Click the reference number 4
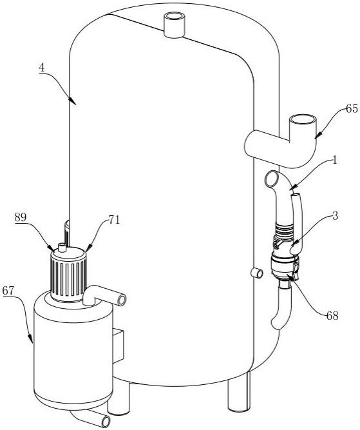pos(42,68)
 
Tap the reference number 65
pos(352,108)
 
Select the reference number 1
pos(334,161)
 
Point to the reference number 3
pos(335,216)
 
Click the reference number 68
pos(332,316)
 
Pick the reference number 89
pos(21,217)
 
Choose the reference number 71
pos(114,220)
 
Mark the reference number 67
pos(8,290)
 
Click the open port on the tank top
pos(175,17)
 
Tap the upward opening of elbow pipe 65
pos(303,119)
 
